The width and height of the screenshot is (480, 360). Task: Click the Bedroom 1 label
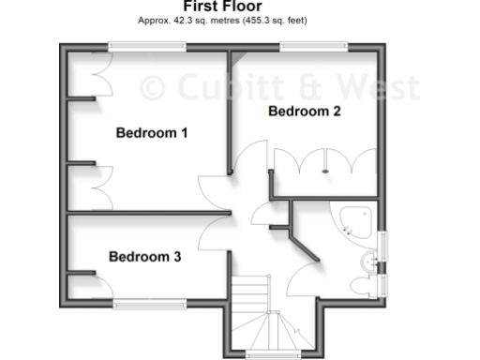152,133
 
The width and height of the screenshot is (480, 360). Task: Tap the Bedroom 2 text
305,112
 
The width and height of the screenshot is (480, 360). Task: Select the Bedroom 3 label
144,256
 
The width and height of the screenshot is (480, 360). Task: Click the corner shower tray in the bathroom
357,220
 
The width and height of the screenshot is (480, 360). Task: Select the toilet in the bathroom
362,283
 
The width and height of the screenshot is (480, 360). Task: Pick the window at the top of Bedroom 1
146,44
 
